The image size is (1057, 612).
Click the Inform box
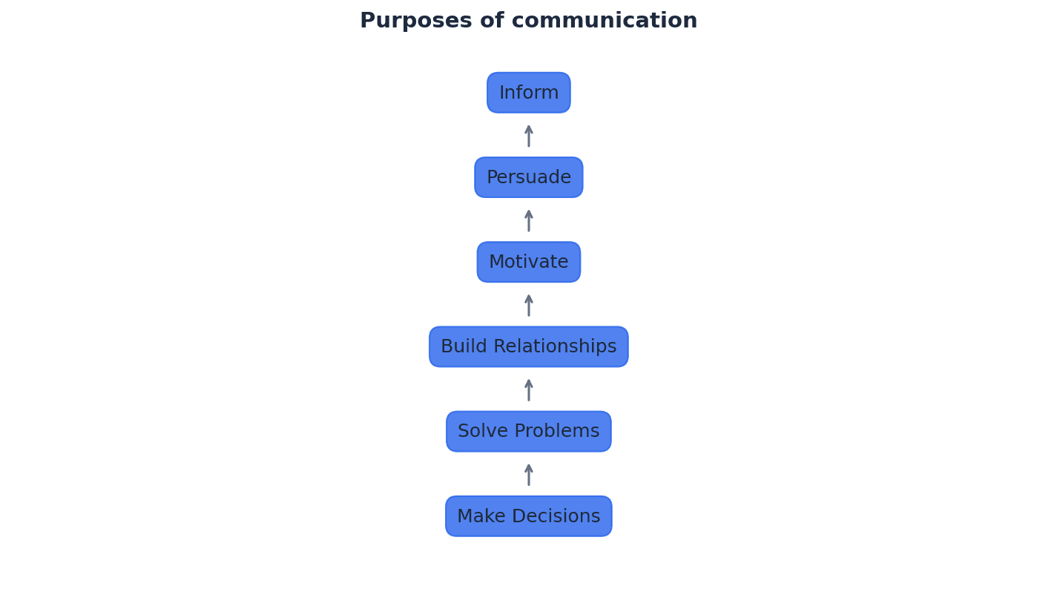(528, 93)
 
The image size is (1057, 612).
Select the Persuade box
(528, 177)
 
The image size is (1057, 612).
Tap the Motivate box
(528, 262)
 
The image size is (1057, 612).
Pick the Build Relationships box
(528, 346)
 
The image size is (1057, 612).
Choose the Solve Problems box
(528, 431)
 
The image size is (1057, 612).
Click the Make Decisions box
(528, 516)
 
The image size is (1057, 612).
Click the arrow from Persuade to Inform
(529, 136)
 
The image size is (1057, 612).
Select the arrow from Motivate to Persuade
(529, 220)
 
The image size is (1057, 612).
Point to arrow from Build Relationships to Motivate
(529, 305)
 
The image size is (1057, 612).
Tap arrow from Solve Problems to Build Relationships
(529, 389)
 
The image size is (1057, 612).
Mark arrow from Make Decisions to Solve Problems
(529, 474)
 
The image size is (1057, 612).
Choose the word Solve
(481, 431)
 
